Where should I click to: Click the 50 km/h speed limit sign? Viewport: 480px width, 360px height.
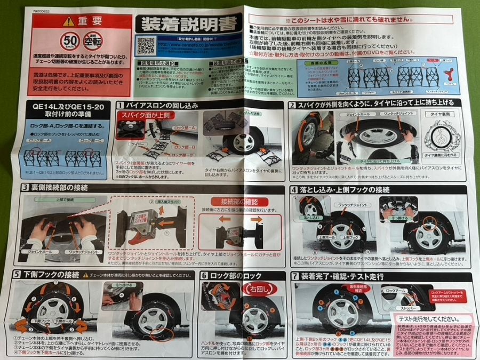[x=69, y=40]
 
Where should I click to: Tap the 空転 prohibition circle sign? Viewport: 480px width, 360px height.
[x=93, y=39]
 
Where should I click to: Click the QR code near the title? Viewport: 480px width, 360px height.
[x=145, y=46]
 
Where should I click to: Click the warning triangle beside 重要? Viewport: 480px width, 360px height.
[x=68, y=21]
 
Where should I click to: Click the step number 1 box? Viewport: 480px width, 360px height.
[x=121, y=106]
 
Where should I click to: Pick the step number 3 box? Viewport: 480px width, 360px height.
[x=25, y=188]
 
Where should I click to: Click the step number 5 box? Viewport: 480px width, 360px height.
[x=17, y=275]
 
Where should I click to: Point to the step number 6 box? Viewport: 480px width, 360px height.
[x=204, y=275]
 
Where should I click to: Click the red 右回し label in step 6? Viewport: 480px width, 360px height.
[x=255, y=289]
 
